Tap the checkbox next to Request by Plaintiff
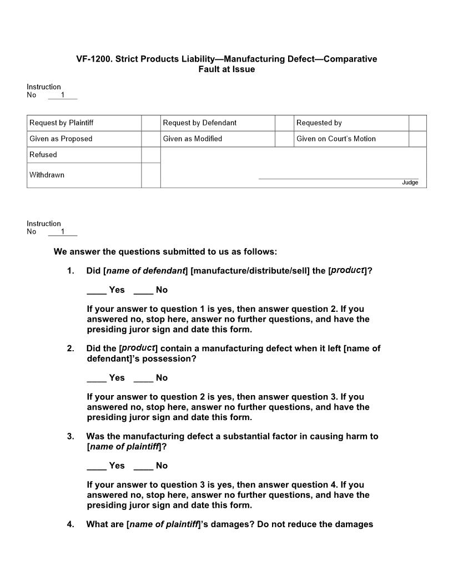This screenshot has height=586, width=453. tap(150, 123)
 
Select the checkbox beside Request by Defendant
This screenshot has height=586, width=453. tap(284, 123)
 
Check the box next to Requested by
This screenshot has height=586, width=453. tap(417, 123)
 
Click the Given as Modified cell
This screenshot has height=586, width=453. tap(192, 139)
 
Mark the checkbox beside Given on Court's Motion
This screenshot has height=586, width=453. tap(417, 139)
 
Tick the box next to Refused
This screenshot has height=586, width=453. tap(150, 155)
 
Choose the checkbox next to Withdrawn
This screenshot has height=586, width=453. tap(150, 175)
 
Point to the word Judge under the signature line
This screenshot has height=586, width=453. tap(410, 183)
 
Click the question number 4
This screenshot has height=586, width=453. tap(71, 524)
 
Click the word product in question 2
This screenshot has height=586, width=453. tap(138, 348)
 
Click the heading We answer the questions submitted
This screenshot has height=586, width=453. tap(165, 252)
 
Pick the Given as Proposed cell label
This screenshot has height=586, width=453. tap(61, 139)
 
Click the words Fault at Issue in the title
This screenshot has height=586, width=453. tap(226, 69)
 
